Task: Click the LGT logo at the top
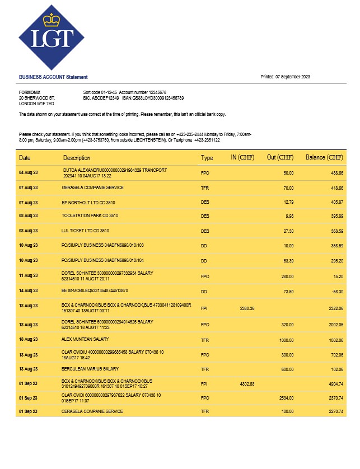pyautogui.click(x=52, y=37)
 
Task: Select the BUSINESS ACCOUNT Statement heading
pyautogui.click(x=53, y=77)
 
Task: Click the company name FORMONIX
pyautogui.click(x=30, y=92)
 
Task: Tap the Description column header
pyautogui.click(x=77, y=158)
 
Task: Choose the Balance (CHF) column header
pyautogui.click(x=324, y=158)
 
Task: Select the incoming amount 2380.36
pyautogui.click(x=247, y=308)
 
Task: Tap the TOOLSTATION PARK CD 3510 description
pyautogui.click(x=90, y=215)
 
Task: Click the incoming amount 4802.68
pyautogui.click(x=247, y=384)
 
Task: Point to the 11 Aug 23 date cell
pyautogui.click(x=29, y=275)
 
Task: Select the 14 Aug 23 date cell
pyautogui.click(x=29, y=291)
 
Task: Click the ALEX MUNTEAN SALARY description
pyautogui.click(x=85, y=339)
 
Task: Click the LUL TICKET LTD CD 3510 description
pyautogui.click(x=85, y=230)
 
